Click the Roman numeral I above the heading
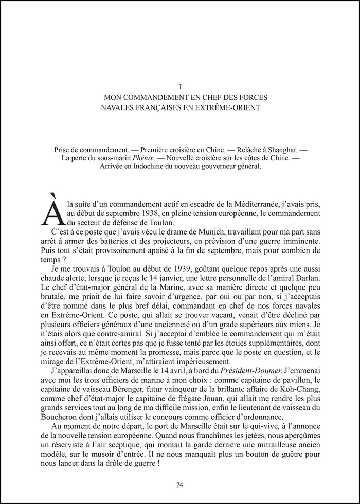coord(180,87)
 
